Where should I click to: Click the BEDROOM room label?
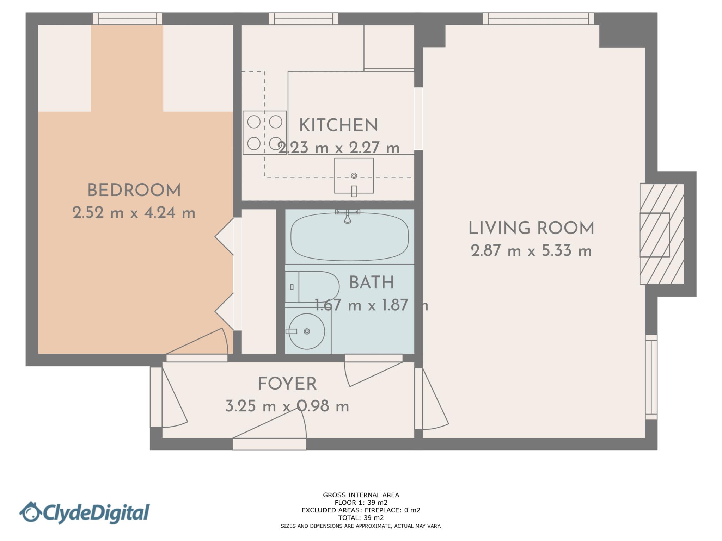click(134, 191)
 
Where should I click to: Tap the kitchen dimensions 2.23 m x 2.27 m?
click(338, 148)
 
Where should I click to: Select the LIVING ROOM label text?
click(531, 228)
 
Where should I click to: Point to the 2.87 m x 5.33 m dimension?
click(531, 251)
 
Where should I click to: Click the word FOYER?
click(287, 384)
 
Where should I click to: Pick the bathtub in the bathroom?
click(349, 237)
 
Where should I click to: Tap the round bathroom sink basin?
click(307, 331)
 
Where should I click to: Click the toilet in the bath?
click(314, 287)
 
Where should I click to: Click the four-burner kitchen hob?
click(264, 132)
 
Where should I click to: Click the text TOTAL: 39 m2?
click(361, 518)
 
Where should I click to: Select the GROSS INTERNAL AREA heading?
click(361, 495)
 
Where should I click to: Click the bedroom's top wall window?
click(127, 19)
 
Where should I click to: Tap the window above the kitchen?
click(304, 19)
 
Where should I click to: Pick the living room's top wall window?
click(538, 19)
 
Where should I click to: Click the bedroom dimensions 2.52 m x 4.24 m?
click(134, 213)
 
